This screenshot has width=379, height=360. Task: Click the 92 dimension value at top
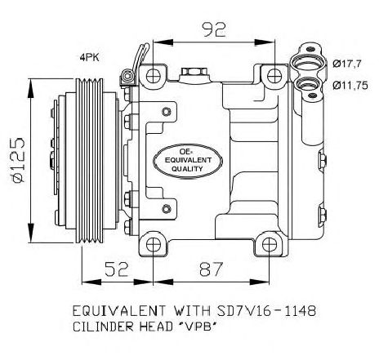tap(214, 29)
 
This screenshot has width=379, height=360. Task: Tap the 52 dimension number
tap(116, 269)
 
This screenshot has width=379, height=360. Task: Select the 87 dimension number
tap(212, 269)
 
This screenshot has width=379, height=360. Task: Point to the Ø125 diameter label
tap(18, 160)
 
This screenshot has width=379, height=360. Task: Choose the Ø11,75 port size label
tap(350, 86)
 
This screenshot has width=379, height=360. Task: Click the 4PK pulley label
tap(90, 57)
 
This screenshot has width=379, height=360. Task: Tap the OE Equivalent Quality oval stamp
tap(188, 161)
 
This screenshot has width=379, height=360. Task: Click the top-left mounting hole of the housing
tap(153, 76)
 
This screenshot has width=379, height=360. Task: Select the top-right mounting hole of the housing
tap(274, 76)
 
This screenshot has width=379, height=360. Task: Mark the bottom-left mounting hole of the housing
tap(153, 245)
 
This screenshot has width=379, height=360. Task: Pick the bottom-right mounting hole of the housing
tap(269, 245)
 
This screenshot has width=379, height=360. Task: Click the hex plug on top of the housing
tap(194, 73)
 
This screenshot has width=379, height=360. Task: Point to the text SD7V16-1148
tap(266, 310)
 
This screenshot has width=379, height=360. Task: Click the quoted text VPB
tap(200, 327)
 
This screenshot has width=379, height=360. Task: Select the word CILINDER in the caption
tap(104, 327)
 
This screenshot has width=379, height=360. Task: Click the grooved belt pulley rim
tap(90, 161)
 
